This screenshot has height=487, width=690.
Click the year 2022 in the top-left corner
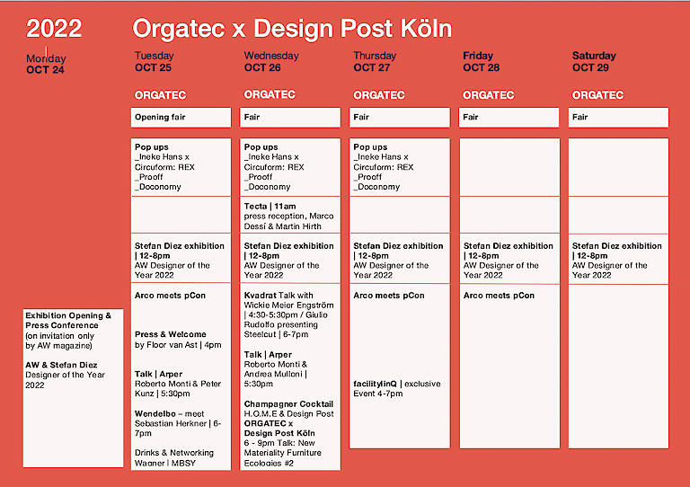(x=54, y=29)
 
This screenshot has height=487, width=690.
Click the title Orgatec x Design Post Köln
(x=292, y=29)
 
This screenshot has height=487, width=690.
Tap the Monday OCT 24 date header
(x=46, y=64)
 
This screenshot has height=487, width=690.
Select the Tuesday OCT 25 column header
(x=154, y=61)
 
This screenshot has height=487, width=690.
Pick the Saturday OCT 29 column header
(x=594, y=61)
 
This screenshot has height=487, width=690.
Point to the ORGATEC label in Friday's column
(x=489, y=95)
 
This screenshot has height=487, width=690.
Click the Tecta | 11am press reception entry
(x=288, y=216)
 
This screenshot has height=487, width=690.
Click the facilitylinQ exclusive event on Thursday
(x=397, y=388)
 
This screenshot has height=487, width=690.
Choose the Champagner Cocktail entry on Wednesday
(x=289, y=409)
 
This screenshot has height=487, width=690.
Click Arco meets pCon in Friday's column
(x=499, y=296)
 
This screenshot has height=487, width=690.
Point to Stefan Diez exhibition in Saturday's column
(x=617, y=260)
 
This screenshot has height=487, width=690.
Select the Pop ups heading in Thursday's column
(x=370, y=146)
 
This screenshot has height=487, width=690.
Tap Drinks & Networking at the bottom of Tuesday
(x=174, y=457)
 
